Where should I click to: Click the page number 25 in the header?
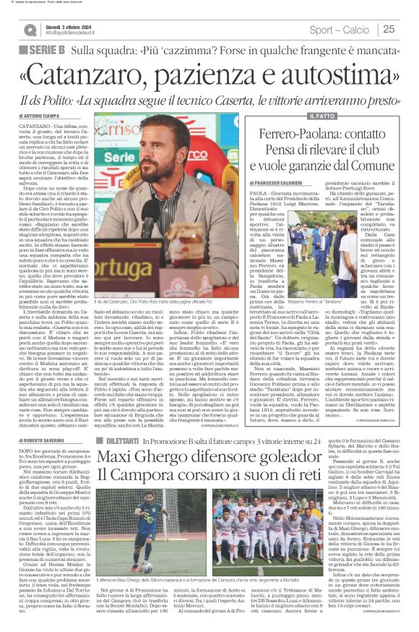pos(389,29)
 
